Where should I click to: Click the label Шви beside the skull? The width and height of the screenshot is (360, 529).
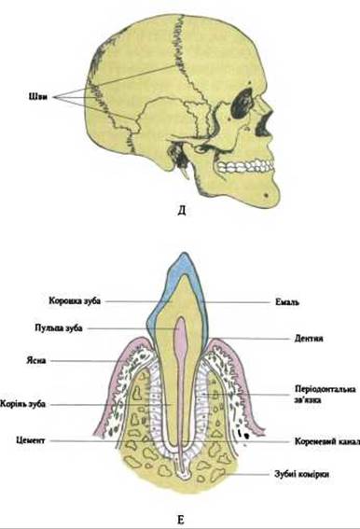pos(38,97)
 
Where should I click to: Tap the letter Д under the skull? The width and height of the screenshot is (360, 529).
pos(181,211)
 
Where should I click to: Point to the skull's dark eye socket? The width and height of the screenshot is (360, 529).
pos(242,103)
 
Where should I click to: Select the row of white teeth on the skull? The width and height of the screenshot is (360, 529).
pos(245,166)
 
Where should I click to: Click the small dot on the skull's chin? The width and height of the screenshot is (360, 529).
pos(267,195)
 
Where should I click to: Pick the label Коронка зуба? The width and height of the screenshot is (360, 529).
pos(75,300)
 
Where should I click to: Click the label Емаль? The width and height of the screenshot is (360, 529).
pos(287,302)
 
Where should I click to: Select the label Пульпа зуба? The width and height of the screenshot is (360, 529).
pos(59,327)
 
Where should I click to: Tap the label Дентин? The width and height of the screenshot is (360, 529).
pos(309,338)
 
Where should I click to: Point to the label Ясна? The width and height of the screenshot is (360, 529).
pos(36,360)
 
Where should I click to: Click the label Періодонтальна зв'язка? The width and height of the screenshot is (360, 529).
pos(325,394)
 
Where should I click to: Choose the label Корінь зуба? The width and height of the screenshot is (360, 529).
pos(22,404)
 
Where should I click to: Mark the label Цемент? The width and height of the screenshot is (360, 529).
pos(31,440)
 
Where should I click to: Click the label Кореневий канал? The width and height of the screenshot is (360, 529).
pos(327,441)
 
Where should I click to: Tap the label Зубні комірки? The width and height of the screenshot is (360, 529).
pos(301,474)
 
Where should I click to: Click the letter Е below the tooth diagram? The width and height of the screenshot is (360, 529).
pos(181,520)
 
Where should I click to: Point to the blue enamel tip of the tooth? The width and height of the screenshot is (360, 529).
pos(183,265)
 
